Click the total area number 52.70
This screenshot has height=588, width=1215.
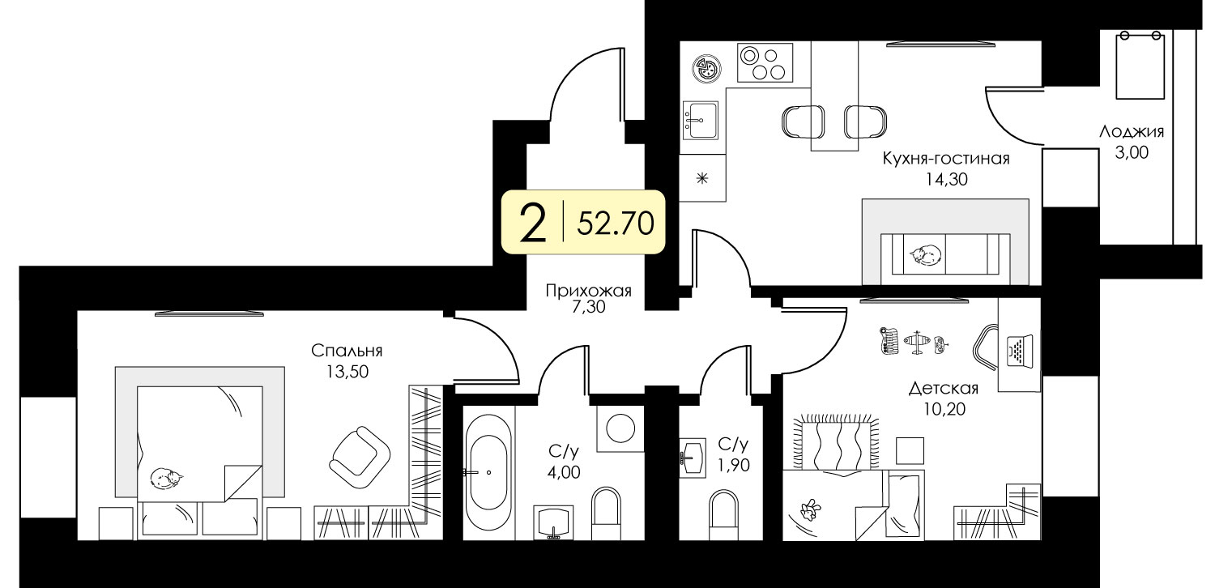coord(616,223)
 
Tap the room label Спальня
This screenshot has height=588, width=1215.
coord(347,351)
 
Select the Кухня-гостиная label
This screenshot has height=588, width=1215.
coord(946,159)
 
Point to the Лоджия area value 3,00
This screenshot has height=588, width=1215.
coord(1132,152)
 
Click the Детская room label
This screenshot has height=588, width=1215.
coord(944,389)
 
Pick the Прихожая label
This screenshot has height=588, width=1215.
coord(589,292)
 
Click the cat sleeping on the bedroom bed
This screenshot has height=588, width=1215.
coord(166,479)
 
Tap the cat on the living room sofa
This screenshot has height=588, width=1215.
coord(925,254)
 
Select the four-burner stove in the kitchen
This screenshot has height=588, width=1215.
coord(765,63)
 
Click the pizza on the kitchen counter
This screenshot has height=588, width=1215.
coord(707,69)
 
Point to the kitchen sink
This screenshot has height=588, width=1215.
coord(700,120)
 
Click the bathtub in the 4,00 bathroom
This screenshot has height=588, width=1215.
coord(488,471)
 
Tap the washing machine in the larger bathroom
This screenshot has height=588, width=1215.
coord(620,428)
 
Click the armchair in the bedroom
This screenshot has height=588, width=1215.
coord(359,459)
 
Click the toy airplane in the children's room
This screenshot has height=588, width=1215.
coord(917,343)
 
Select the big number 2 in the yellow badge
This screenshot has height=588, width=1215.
coord(532,223)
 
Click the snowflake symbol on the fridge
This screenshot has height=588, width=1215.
coord(702,178)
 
